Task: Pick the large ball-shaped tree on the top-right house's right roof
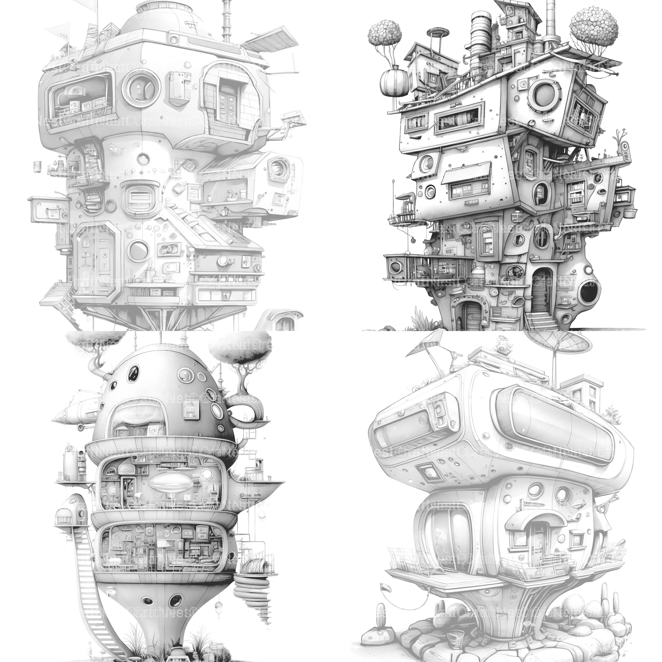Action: [594, 27]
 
